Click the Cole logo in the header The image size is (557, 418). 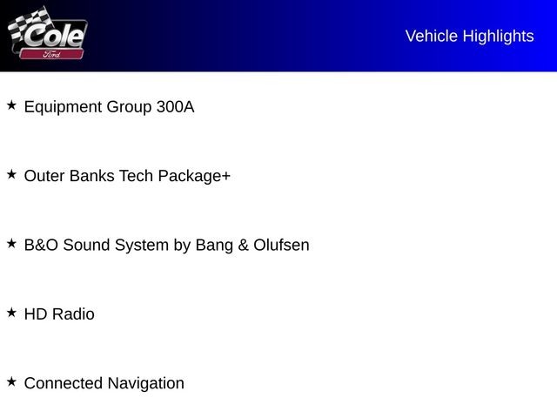pyautogui.click(x=54, y=35)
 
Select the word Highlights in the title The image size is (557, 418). pyautogui.click(x=498, y=36)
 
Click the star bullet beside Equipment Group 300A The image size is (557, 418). pyautogui.click(x=11, y=105)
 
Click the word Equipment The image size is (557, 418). pyautogui.click(x=63, y=107)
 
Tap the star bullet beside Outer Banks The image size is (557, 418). pyautogui.click(x=11, y=174)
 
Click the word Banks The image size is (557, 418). pyautogui.click(x=91, y=176)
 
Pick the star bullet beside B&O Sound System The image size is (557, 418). pyautogui.click(x=11, y=244)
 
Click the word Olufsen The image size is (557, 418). pyautogui.click(x=281, y=246)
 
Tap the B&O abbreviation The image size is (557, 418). pyautogui.click(x=41, y=246)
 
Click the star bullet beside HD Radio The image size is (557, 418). pyautogui.click(x=11, y=312)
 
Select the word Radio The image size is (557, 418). pyautogui.click(x=73, y=314)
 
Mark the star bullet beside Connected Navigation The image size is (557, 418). pyautogui.click(x=11, y=381)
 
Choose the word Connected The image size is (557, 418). pyautogui.click(x=64, y=383)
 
